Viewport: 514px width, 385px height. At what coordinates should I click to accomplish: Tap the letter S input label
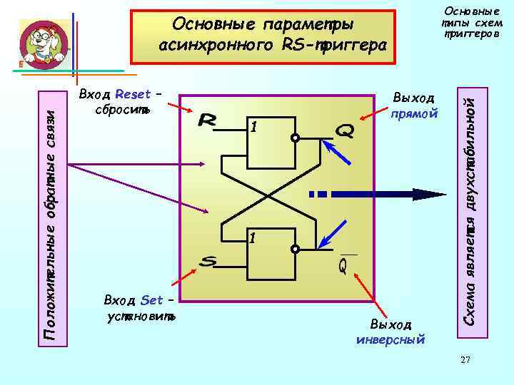208,263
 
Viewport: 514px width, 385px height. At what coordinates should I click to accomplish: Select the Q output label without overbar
343,130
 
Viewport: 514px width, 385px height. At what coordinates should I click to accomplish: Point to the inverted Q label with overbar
343,265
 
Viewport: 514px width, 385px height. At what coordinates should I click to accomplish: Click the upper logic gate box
268,138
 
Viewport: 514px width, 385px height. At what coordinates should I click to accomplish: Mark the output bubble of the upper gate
295,139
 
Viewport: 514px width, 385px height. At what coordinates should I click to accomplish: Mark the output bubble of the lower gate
295,249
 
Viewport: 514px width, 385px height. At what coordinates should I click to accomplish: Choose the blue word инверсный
390,339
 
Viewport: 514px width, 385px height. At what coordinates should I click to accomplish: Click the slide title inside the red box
261,35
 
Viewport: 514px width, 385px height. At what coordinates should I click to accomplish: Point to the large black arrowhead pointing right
425,194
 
